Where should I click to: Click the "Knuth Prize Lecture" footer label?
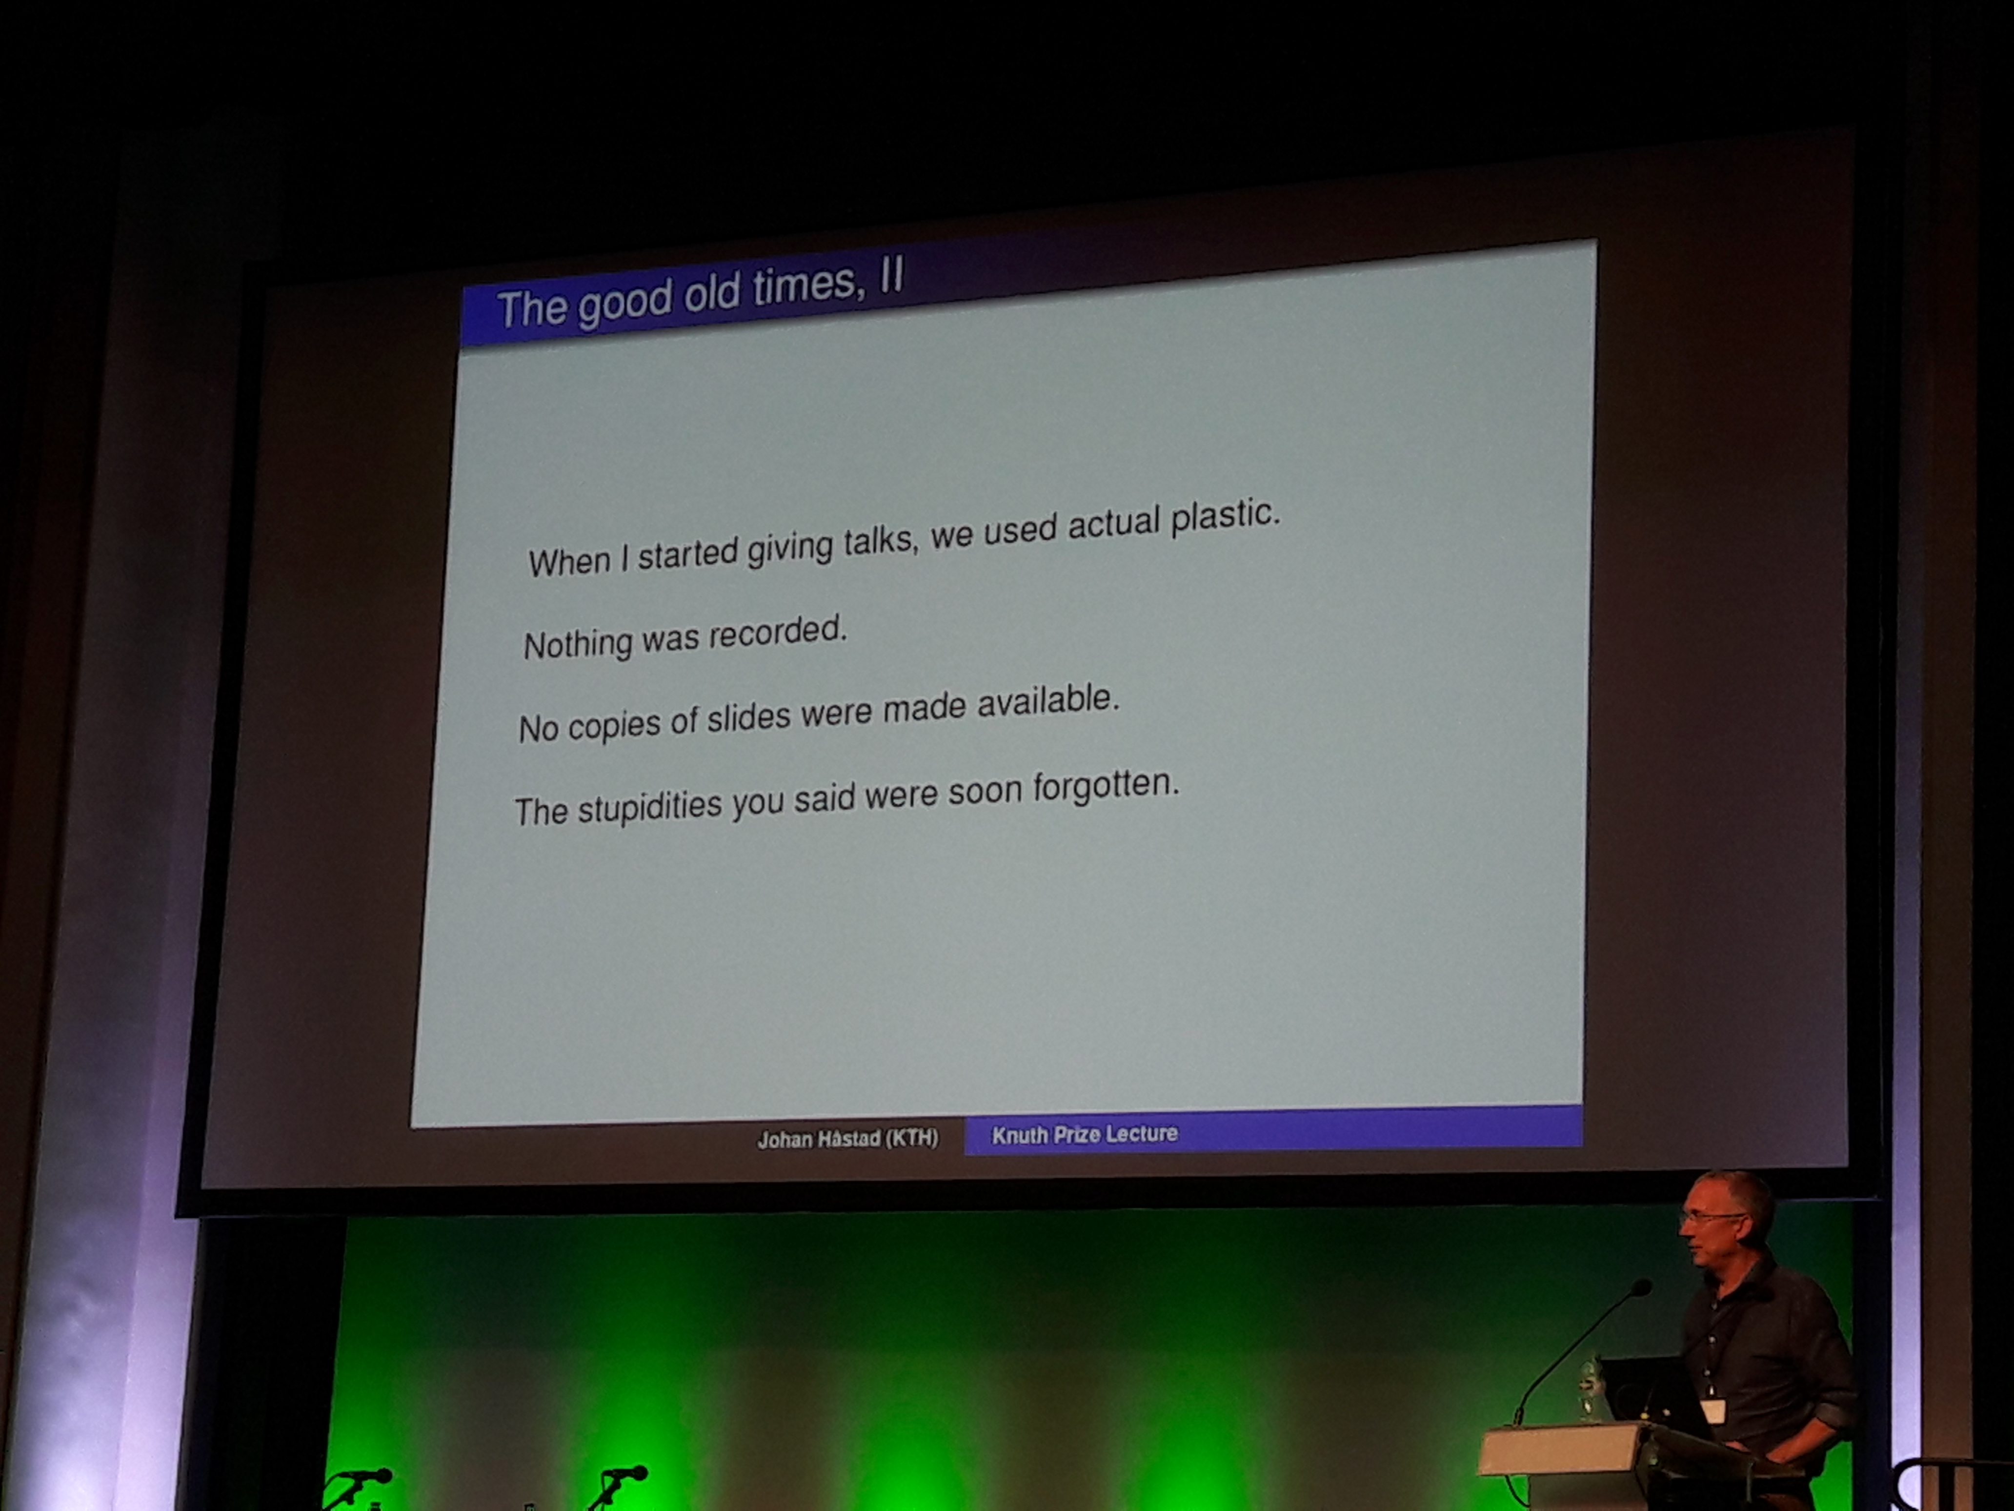1085,1134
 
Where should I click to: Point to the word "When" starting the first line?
569,561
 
